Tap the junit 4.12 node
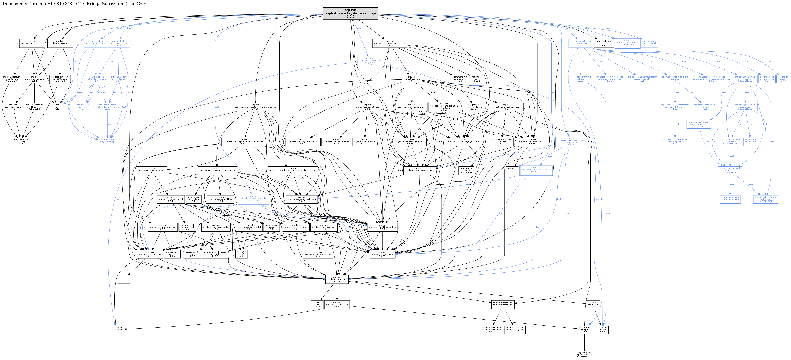pyautogui.click(x=57, y=107)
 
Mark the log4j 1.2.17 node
pyautogui.click(x=317, y=304)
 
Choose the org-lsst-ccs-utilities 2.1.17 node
pyautogui.click(x=337, y=279)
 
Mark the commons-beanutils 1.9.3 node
pyautogui.click(x=503, y=304)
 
